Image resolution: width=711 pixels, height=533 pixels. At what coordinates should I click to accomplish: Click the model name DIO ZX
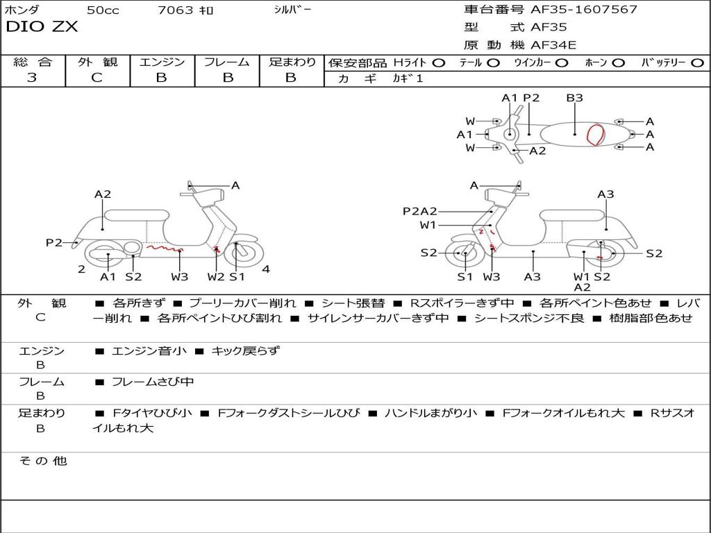(x=42, y=27)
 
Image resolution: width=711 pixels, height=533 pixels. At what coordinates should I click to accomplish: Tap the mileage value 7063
(x=176, y=10)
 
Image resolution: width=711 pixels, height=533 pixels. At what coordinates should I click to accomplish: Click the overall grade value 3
(x=32, y=78)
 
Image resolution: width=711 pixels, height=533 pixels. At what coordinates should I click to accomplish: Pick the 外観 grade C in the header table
(x=97, y=78)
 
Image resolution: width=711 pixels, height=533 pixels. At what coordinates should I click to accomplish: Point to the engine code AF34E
(x=553, y=46)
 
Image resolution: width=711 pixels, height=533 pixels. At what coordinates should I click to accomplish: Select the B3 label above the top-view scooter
(x=574, y=98)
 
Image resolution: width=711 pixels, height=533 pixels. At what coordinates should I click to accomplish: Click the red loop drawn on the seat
(x=595, y=134)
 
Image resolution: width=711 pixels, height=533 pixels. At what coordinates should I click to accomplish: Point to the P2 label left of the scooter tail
(x=53, y=242)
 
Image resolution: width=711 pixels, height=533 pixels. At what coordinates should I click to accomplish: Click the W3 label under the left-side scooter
(x=180, y=277)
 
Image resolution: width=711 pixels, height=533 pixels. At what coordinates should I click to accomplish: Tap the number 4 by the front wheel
(x=266, y=269)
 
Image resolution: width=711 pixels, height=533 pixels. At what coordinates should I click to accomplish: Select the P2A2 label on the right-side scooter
(x=420, y=212)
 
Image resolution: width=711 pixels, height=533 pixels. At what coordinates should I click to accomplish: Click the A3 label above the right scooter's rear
(x=605, y=194)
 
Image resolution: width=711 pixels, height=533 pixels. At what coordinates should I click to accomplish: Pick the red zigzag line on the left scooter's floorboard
(x=163, y=247)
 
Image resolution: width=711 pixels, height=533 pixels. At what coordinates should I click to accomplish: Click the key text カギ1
(x=408, y=78)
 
